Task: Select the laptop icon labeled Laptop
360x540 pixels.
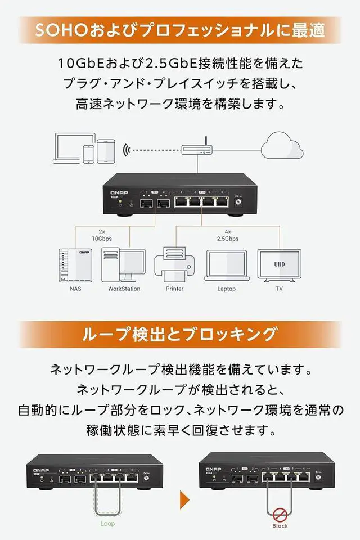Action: coord(227,266)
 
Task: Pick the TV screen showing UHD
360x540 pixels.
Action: coord(279,264)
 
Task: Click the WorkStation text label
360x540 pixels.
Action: coord(124,289)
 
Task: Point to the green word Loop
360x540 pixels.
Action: coord(107,524)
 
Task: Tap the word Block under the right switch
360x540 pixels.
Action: coord(280,526)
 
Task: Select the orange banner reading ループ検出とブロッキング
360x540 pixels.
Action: coord(180,334)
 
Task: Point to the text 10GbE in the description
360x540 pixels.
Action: coord(77,62)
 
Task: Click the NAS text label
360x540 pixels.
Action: coord(75,289)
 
